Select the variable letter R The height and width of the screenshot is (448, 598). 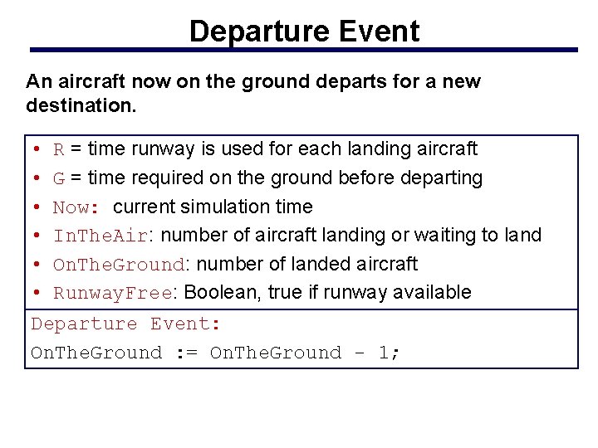pyautogui.click(x=58, y=149)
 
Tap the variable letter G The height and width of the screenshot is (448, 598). pyautogui.click(x=59, y=178)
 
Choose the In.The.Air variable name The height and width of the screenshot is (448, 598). pyautogui.click(x=100, y=236)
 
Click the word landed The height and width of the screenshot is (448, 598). pyautogui.click(x=312, y=264)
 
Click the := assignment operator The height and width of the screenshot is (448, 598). pyautogui.click(x=186, y=353)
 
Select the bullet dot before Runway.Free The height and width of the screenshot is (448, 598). pyautogui.click(x=39, y=293)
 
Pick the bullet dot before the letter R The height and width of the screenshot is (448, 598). pyautogui.click(x=39, y=149)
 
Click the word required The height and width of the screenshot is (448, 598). pyautogui.click(x=164, y=178)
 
